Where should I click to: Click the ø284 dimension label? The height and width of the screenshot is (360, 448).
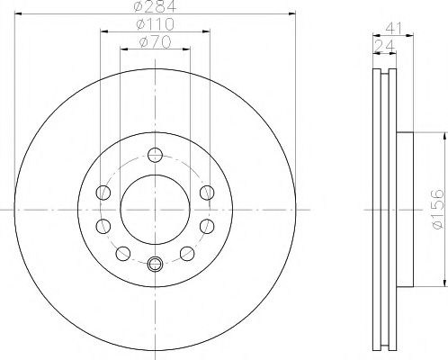(155, 6)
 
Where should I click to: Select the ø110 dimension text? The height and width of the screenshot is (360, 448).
(155, 24)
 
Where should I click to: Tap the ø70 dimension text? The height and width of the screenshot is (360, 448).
(155, 42)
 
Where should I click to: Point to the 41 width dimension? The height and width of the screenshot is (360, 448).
(393, 29)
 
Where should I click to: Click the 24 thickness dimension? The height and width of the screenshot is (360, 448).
(385, 46)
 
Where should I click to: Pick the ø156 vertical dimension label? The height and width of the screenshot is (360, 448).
(437, 210)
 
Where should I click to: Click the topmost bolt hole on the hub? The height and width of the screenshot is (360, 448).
(155, 155)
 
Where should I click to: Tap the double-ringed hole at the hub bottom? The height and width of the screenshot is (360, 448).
(155, 264)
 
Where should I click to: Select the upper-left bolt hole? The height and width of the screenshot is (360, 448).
(103, 193)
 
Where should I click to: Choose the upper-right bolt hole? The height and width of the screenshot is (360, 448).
(207, 193)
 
